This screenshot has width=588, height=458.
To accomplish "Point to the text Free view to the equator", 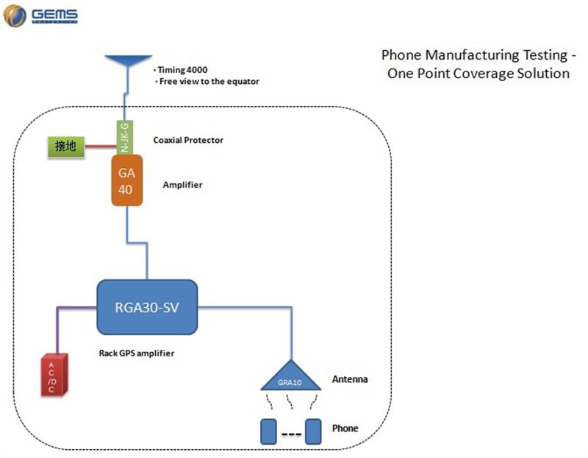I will pos(209,82).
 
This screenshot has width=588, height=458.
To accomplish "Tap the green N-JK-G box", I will pos(124,138).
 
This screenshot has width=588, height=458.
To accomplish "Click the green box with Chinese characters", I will pos(65,147).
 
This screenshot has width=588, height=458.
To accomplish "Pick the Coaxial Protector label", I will pos(188,140).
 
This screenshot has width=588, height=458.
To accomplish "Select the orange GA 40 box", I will pos(126,180).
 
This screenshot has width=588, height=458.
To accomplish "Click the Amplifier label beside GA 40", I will pos(182,185).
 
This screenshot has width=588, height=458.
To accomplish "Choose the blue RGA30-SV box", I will pos(148,307).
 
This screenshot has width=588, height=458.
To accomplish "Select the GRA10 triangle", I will pos(290,377).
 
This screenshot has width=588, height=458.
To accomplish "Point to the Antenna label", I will pos(349,380).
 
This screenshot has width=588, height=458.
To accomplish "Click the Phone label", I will pos(345,428).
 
